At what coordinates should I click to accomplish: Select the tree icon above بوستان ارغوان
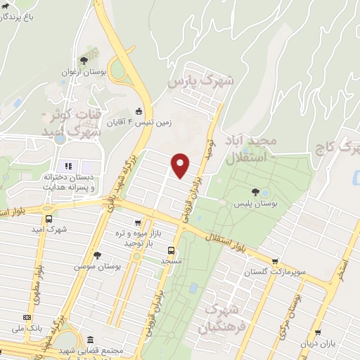[x=84, y=60]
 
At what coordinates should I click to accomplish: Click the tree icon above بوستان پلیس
[x=255, y=191]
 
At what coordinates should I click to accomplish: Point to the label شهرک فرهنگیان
[x=218, y=318]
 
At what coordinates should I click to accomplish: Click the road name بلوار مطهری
[x=41, y=267]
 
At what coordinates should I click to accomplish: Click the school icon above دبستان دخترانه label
[x=69, y=166]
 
